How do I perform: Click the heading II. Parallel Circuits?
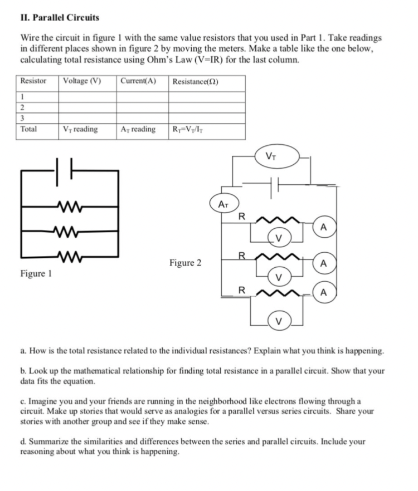[56, 17]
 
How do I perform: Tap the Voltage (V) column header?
[82, 81]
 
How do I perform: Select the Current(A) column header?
[138, 81]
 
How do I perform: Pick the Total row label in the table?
[28, 129]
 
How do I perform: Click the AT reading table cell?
[138, 129]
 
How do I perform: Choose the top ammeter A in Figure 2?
[323, 227]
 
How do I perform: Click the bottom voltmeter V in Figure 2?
[279, 322]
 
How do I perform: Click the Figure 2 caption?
[185, 263]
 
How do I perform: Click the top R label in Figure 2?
[241, 216]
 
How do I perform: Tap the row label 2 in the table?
[22, 107]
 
